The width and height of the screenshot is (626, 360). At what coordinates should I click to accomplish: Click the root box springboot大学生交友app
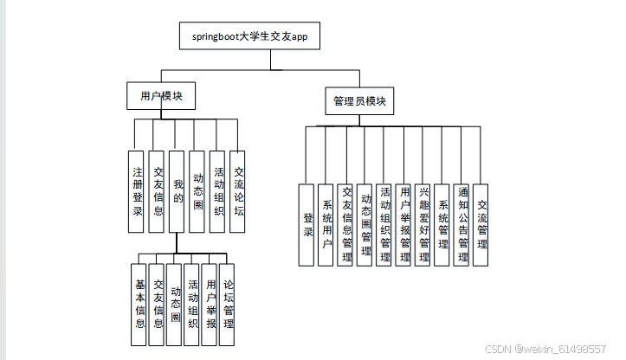[x=247, y=37]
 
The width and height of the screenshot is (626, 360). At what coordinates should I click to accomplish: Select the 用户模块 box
[x=156, y=96]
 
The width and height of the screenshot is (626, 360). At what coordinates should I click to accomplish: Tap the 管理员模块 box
[x=359, y=100]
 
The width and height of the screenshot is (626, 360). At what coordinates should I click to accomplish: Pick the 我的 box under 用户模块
[x=177, y=190]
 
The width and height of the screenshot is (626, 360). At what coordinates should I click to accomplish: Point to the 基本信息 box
[x=139, y=305]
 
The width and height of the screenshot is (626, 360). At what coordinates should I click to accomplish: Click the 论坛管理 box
[x=229, y=304]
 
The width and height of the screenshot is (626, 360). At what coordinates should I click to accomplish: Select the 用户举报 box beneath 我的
[x=210, y=304]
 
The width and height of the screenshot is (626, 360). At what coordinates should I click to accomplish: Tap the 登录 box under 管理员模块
[x=307, y=224]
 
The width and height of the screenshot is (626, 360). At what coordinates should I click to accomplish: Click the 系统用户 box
[x=326, y=224]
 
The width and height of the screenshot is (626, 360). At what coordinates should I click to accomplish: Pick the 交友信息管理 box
[x=346, y=224]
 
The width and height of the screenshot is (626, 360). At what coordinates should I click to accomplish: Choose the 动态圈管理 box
[x=365, y=224]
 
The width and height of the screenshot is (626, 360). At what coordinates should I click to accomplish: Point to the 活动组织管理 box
[x=385, y=224]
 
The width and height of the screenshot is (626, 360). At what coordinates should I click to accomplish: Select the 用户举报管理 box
[x=404, y=224]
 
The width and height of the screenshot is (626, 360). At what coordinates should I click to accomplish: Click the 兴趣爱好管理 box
[x=424, y=224]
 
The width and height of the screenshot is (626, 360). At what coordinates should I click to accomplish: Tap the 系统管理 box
[x=443, y=224]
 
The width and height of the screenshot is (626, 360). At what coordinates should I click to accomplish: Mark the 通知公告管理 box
[x=463, y=224]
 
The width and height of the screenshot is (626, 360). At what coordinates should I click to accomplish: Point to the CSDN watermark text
[x=545, y=348]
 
